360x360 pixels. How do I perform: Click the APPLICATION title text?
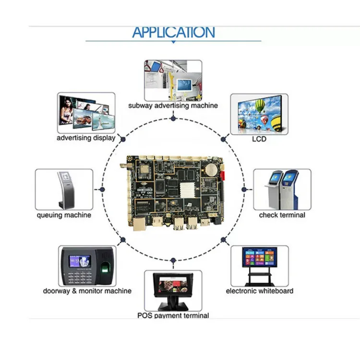click(x=173, y=33)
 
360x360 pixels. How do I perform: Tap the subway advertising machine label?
click(x=173, y=106)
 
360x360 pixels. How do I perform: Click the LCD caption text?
click(x=259, y=139)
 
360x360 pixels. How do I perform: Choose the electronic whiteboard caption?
click(x=260, y=291)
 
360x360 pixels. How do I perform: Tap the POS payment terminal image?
click(x=173, y=290)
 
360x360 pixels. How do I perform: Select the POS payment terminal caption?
click(x=173, y=315)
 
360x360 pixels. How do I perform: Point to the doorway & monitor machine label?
click(x=87, y=291)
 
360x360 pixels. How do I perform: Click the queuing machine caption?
click(x=64, y=215)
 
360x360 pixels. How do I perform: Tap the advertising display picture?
click(x=86, y=113)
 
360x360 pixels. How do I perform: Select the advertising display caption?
click(x=86, y=138)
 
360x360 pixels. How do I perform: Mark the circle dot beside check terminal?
click(x=244, y=190)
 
